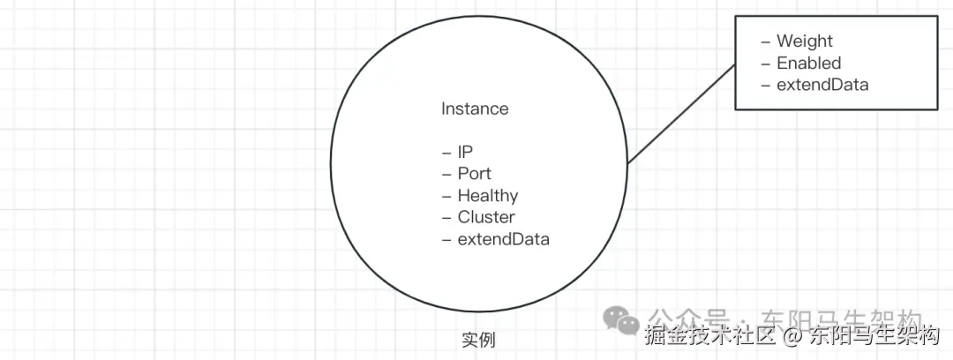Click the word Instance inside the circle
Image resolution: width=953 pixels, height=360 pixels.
tap(475, 109)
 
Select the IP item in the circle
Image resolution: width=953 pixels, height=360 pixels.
tap(465, 152)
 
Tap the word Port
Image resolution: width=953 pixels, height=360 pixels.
tap(474, 173)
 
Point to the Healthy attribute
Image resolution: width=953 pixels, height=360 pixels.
tap(487, 195)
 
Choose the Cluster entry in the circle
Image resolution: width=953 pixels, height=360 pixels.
tap(486, 217)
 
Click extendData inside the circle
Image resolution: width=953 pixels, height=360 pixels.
tap(503, 239)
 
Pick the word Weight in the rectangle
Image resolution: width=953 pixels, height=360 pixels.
tap(804, 41)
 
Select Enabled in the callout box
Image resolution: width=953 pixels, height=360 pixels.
tap(808, 63)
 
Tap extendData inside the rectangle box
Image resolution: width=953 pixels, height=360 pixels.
tap(822, 85)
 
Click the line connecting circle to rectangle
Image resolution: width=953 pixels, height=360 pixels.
tap(681, 114)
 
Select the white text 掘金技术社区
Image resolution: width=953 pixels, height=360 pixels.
tap(709, 336)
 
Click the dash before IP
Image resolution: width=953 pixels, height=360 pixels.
tap(446, 152)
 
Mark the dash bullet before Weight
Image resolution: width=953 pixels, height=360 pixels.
tap(765, 41)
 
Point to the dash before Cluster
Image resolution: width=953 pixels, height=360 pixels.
tap(446, 217)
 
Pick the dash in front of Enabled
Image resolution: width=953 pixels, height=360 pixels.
tap(765, 63)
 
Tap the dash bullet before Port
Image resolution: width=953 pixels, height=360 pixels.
tap(446, 173)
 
